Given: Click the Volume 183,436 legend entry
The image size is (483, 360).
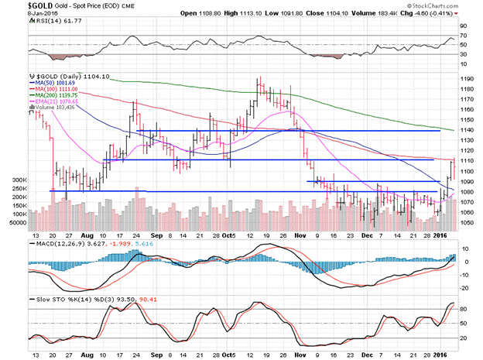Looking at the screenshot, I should (56, 108).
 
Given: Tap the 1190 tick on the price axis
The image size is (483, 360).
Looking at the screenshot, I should (464, 78).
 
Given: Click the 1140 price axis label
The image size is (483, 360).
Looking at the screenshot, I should (464, 130).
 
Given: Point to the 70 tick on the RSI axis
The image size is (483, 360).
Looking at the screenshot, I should (464, 36).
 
